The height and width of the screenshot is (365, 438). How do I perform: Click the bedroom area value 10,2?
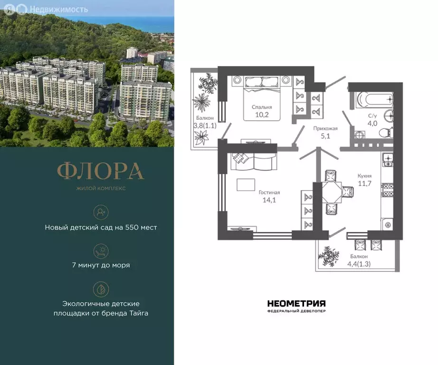[x=262, y=115]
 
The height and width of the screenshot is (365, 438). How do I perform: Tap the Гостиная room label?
[x=269, y=192]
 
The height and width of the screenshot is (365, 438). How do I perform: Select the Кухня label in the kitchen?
[x=364, y=175]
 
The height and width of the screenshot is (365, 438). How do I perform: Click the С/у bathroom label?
[x=373, y=115]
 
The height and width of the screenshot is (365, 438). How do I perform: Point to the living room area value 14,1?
[x=269, y=200]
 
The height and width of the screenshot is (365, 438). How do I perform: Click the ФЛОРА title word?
[x=100, y=171]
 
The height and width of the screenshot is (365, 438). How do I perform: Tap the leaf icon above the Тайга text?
[x=101, y=289]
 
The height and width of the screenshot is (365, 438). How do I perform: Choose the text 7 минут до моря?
[x=101, y=265]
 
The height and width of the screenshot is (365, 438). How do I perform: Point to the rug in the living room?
[x=245, y=184]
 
